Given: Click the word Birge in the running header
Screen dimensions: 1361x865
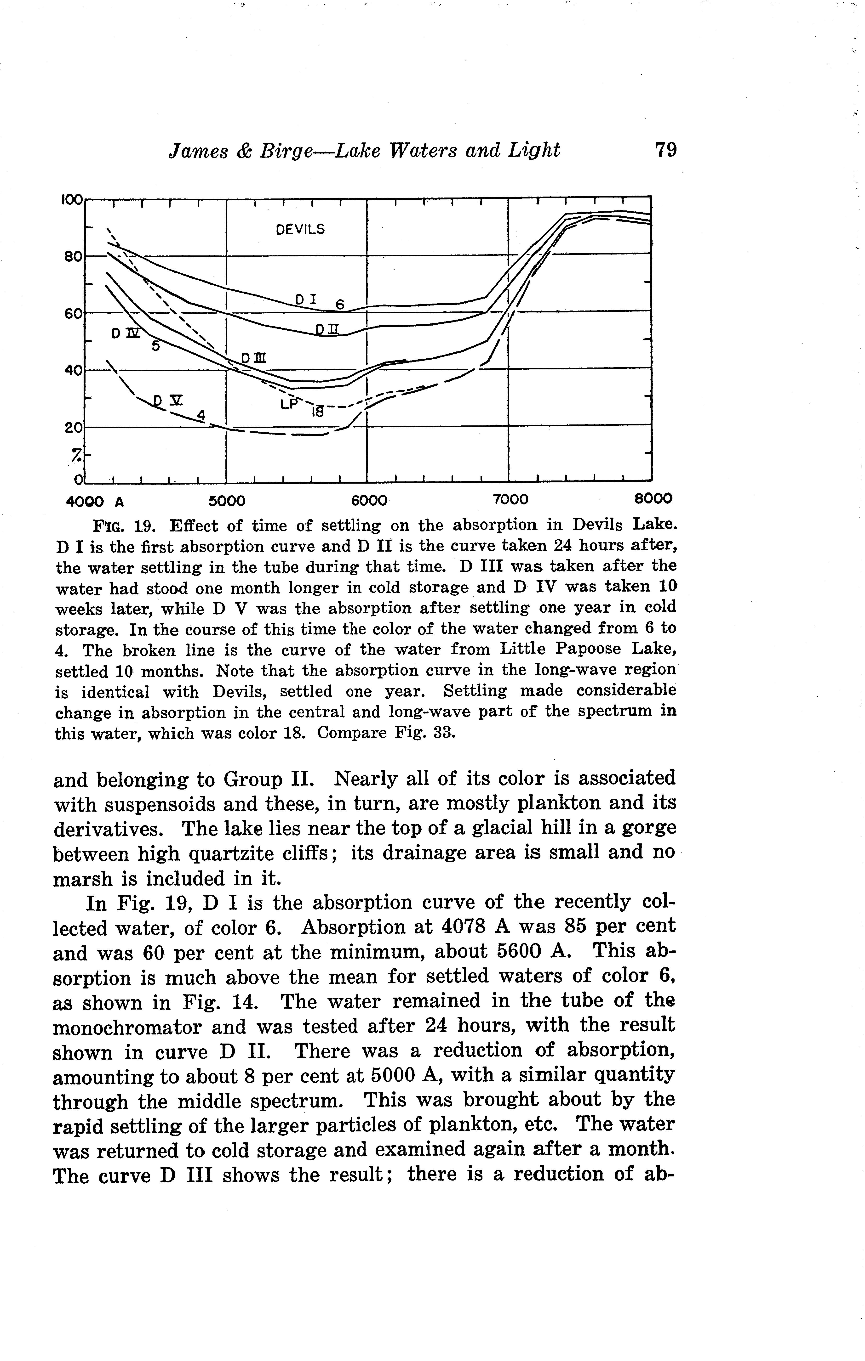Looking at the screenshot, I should [x=288, y=150].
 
